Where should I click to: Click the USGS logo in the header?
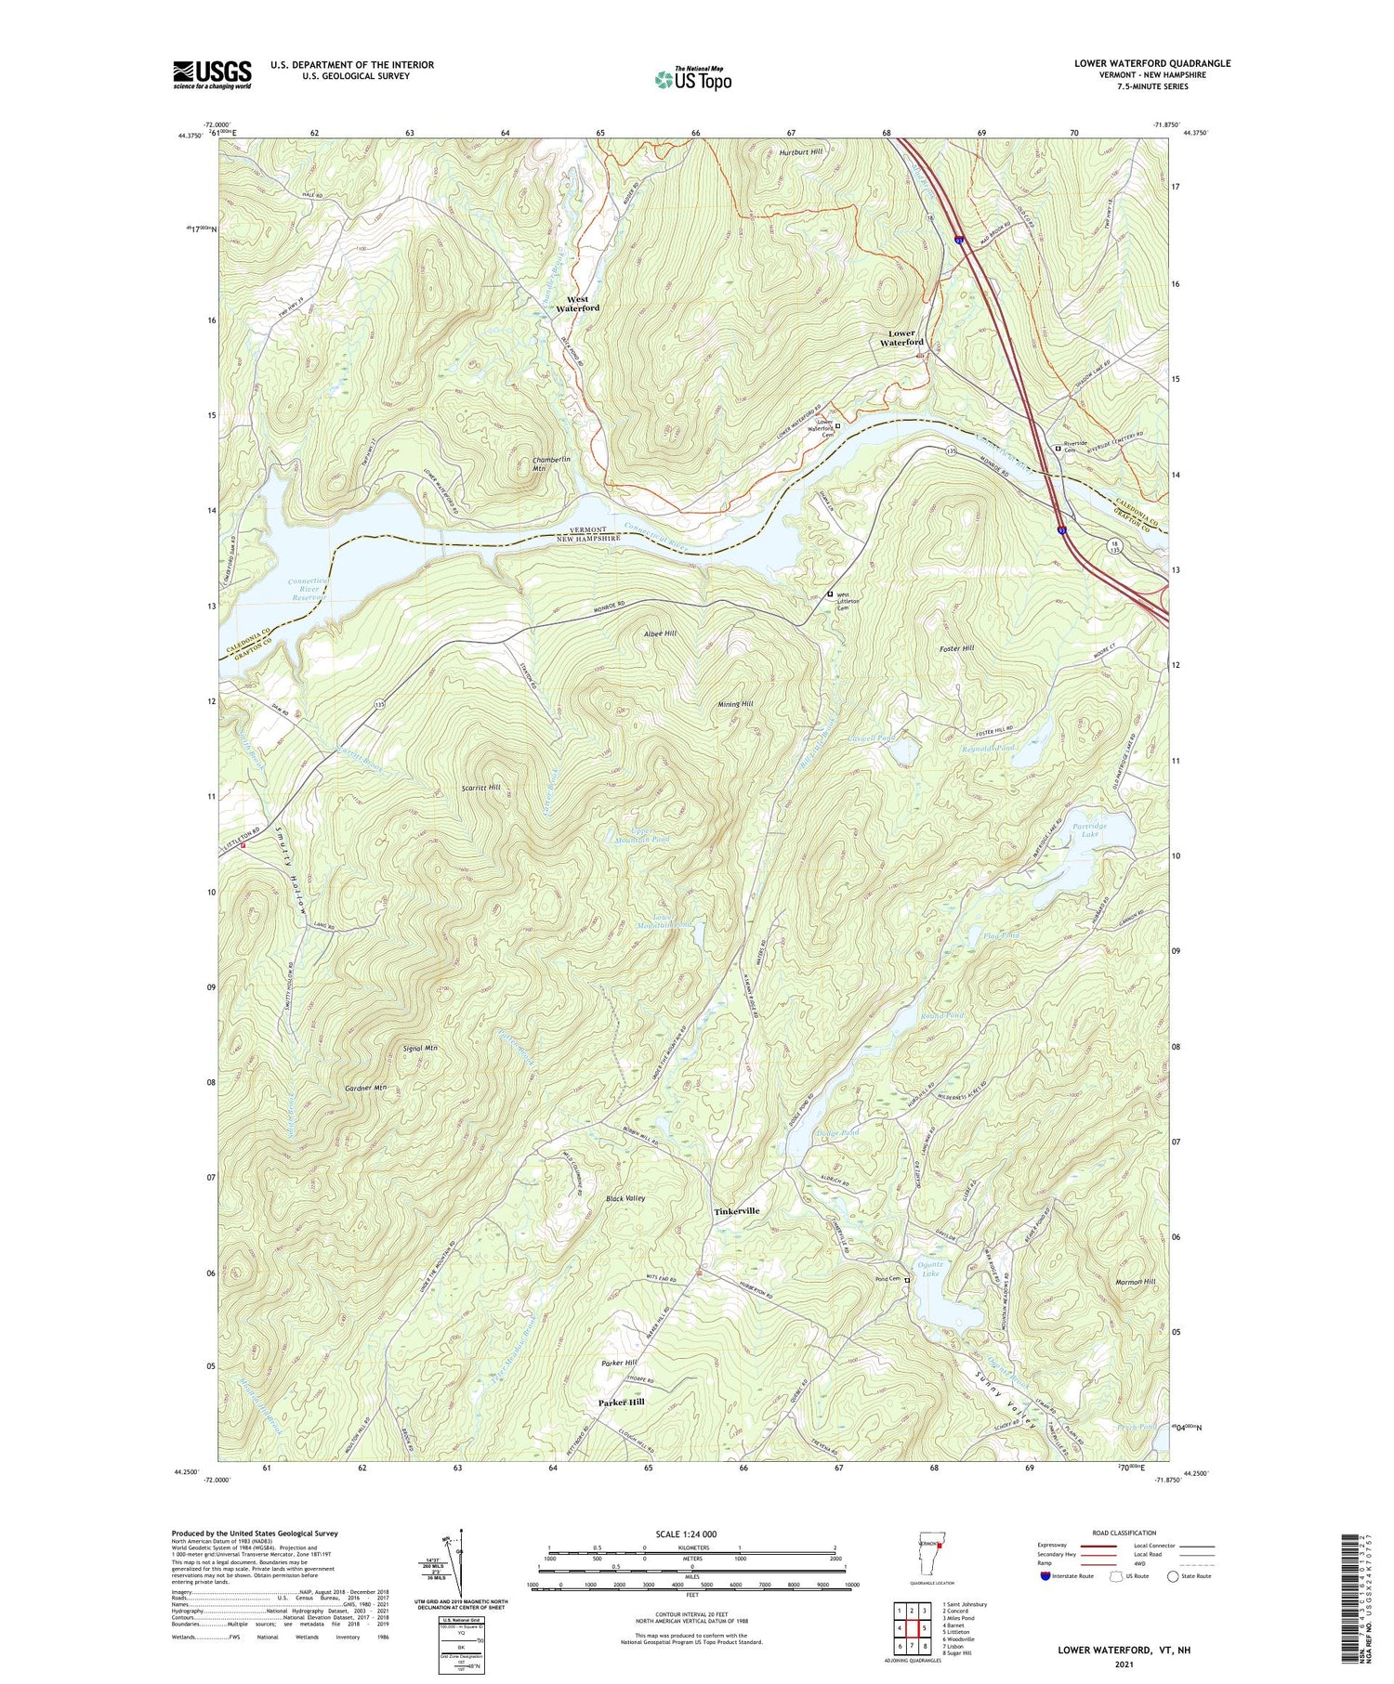[212, 74]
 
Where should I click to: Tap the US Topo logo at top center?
[692, 79]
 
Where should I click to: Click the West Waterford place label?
[577, 304]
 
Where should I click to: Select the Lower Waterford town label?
[901, 337]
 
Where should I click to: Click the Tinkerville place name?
[736, 1211]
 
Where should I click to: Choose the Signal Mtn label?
[420, 1048]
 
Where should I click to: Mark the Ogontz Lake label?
[930, 1268]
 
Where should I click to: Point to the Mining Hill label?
[734, 704]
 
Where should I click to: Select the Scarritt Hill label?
[480, 787]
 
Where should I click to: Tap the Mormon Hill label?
[1135, 1281]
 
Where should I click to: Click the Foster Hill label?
[955, 648]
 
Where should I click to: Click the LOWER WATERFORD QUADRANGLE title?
[1151, 63]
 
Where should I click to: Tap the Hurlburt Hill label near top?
[800, 151]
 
